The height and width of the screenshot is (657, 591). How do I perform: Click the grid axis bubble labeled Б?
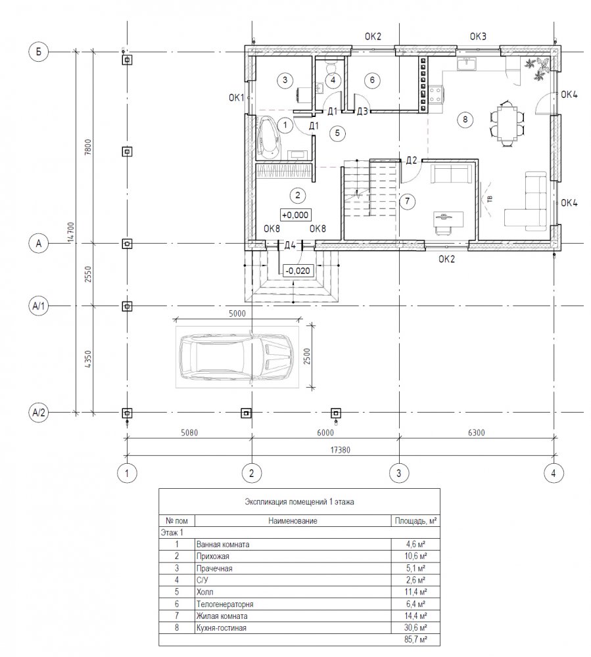(x=39, y=52)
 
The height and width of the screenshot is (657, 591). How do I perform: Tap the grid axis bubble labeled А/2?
(x=39, y=413)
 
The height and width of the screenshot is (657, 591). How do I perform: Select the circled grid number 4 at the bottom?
(x=554, y=474)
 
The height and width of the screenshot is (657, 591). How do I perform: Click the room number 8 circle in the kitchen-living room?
(x=465, y=120)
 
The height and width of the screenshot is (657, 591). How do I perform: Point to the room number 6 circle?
(x=372, y=79)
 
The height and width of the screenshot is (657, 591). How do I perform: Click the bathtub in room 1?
(x=269, y=137)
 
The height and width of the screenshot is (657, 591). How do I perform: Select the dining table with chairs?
(x=507, y=124)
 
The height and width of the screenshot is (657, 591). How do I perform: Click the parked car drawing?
(x=237, y=357)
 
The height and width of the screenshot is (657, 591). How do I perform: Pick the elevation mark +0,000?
(x=296, y=215)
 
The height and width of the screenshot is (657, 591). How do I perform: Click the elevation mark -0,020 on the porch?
(x=298, y=271)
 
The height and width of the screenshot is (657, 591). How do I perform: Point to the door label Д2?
(x=412, y=160)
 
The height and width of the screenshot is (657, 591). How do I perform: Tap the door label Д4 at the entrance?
(x=290, y=245)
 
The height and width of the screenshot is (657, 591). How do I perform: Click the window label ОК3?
(x=478, y=36)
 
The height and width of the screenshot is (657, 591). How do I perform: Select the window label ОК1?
(x=237, y=98)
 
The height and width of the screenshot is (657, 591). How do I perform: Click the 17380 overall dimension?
(x=341, y=450)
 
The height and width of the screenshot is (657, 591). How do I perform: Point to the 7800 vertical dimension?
(x=87, y=147)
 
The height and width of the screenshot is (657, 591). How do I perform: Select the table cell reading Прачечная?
(x=214, y=568)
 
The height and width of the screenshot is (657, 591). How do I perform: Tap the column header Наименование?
(x=293, y=521)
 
